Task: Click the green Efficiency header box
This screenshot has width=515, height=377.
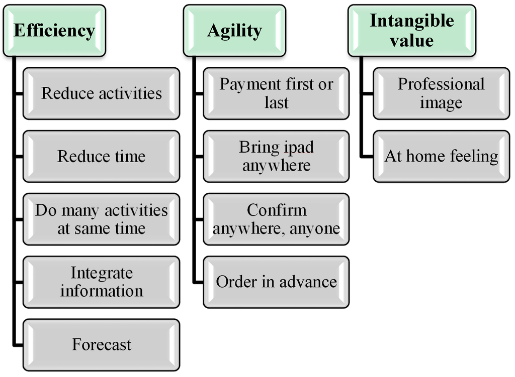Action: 54,31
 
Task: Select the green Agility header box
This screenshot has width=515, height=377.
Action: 234,31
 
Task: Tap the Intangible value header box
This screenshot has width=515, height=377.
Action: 411,31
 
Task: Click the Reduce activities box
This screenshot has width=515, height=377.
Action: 101,93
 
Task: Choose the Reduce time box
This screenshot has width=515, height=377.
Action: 101,156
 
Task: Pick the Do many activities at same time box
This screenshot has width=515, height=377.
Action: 101,219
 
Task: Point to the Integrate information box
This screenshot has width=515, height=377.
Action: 101,282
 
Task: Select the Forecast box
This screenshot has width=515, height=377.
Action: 101,344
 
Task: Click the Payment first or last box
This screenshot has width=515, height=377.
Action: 276,93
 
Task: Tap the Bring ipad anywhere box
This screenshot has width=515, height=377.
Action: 276,156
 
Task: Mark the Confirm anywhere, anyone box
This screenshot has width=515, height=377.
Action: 276,219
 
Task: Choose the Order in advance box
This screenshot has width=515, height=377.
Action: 276,282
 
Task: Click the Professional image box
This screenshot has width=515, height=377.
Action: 441,93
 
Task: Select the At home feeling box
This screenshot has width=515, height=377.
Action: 441,156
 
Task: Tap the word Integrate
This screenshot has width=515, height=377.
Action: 102,273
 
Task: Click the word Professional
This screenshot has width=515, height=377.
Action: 441,84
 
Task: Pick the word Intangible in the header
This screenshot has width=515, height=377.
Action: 411,21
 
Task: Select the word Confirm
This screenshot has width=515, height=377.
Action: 276,210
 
